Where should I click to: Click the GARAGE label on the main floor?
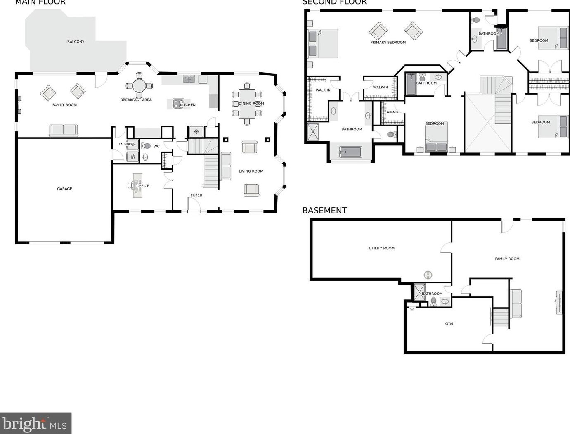click(64, 189)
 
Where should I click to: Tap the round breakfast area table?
click(139, 86)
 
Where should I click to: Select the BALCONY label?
click(76, 42)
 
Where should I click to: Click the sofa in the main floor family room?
click(64, 130)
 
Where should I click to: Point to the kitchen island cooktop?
click(178, 104)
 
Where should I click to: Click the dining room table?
click(247, 104)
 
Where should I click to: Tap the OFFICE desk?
click(137, 185)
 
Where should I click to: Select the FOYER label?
click(196, 195)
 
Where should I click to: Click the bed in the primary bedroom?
click(323, 44)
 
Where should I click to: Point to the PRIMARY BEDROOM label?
click(388, 42)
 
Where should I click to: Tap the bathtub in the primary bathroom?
click(350, 152)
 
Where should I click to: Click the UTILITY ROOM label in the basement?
click(381, 248)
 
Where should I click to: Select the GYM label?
click(449, 324)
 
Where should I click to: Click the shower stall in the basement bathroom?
click(419, 292)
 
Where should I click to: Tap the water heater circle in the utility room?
click(428, 275)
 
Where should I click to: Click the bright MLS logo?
click(35, 423)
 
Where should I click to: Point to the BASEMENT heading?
click(324, 210)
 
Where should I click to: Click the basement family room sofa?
click(516, 304)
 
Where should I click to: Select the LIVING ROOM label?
click(251, 171)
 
